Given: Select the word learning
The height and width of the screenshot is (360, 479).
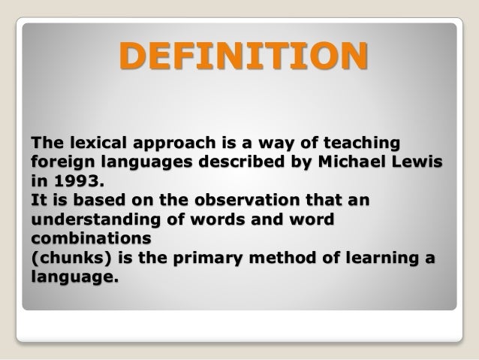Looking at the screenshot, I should coord(387,260).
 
